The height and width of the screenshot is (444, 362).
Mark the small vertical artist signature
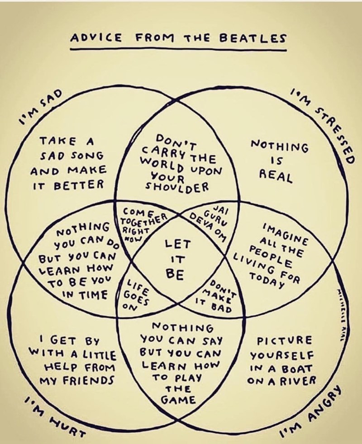click(349, 312)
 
